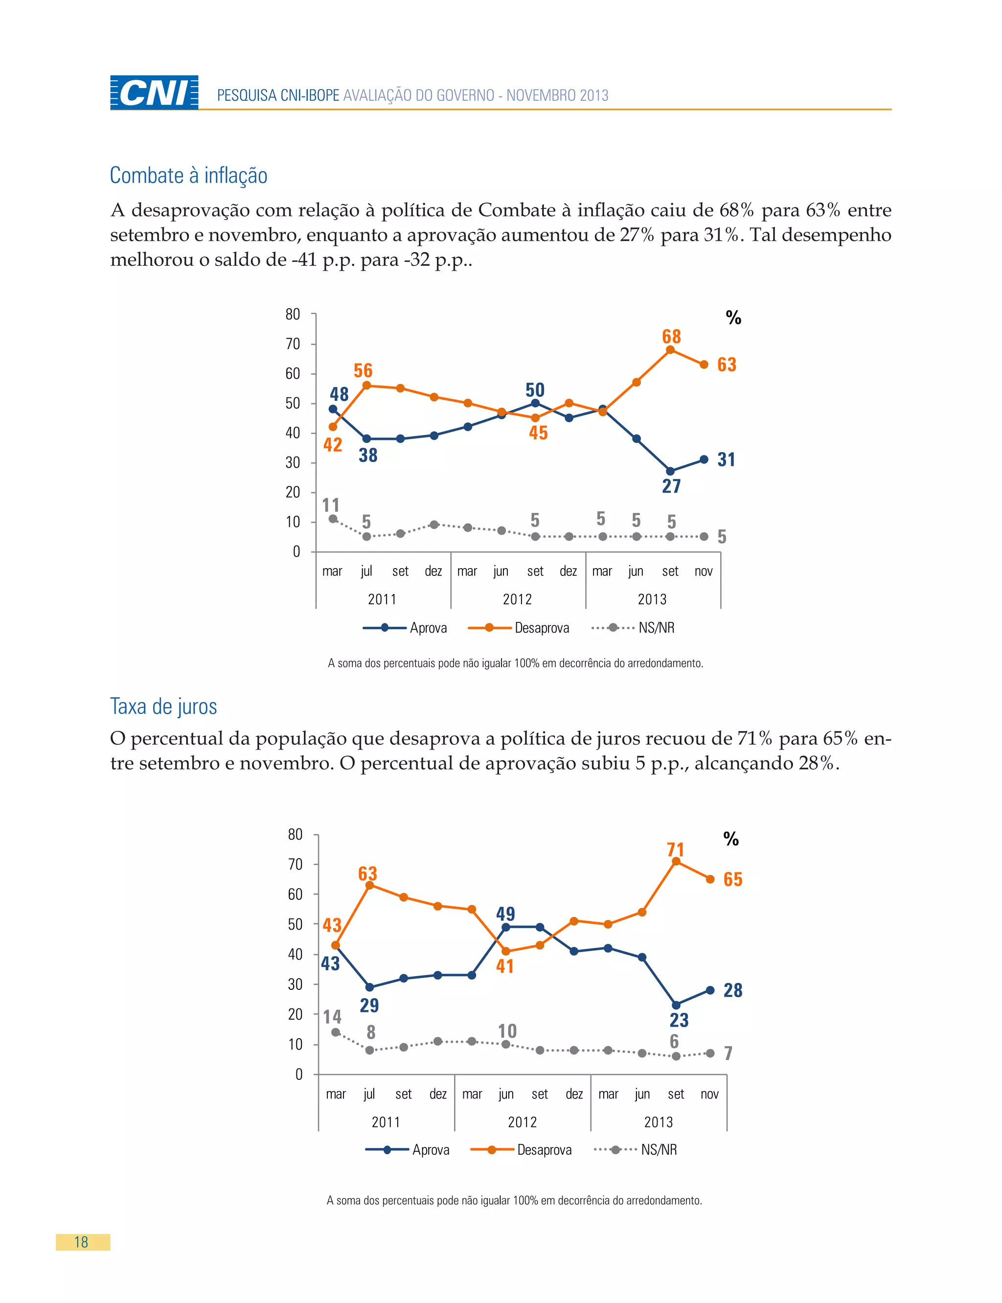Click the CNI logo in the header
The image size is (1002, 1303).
pyautogui.click(x=154, y=92)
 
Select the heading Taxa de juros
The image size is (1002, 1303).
pyautogui.click(x=163, y=706)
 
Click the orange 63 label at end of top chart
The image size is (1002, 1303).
pyautogui.click(x=727, y=365)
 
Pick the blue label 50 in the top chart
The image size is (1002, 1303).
pyautogui.click(x=534, y=390)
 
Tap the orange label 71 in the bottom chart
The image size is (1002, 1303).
pyautogui.click(x=675, y=849)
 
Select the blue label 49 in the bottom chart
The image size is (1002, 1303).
pyautogui.click(x=505, y=914)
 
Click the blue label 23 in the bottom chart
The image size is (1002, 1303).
pyautogui.click(x=679, y=1020)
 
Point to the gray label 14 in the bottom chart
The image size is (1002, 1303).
pyautogui.click(x=332, y=1016)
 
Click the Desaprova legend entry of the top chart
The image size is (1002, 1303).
pyautogui.click(x=520, y=628)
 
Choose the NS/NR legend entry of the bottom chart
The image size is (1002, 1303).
pyautogui.click(x=637, y=1150)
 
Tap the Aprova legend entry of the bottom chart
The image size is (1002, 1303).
pyautogui.click(x=408, y=1150)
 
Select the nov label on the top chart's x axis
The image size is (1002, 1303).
pyautogui.click(x=703, y=571)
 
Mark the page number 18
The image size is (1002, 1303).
pyautogui.click(x=82, y=1242)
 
